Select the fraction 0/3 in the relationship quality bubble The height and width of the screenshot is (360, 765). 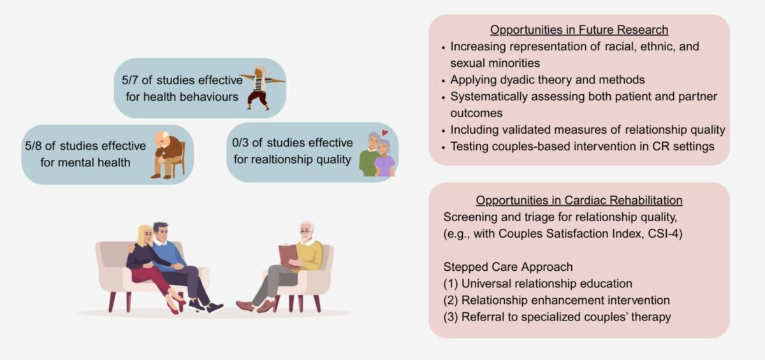(245, 142)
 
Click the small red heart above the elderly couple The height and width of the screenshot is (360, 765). (385, 134)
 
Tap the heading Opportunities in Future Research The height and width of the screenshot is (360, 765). (579, 30)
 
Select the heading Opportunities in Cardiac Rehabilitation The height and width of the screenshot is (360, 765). (579, 199)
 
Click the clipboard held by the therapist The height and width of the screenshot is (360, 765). (288, 256)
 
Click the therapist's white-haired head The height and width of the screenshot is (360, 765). (307, 231)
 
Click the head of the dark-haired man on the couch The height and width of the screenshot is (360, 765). (161, 231)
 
